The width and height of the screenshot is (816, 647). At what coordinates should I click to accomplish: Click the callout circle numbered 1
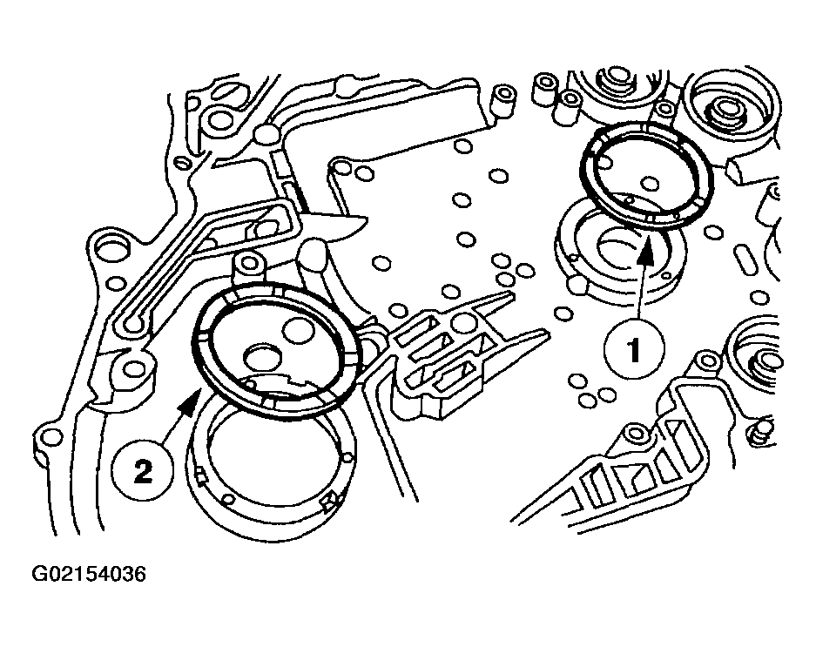coord(634,349)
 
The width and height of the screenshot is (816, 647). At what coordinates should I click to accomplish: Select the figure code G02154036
coord(89,574)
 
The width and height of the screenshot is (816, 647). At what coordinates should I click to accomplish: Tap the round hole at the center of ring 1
coord(651,183)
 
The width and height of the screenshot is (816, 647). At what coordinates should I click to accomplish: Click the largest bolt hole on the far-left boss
coord(111,246)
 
